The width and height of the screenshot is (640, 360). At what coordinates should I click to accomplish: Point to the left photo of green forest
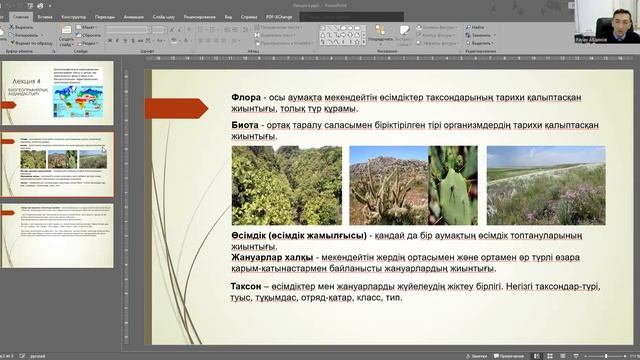[x=286, y=185]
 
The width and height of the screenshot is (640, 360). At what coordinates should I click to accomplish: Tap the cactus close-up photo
[x=452, y=185]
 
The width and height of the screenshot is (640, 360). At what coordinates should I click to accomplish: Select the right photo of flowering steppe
[x=545, y=185]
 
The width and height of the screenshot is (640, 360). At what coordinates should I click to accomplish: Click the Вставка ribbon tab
[x=46, y=17]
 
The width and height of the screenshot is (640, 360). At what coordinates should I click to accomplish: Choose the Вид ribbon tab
[x=229, y=17]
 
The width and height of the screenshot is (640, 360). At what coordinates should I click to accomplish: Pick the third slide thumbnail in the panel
[x=65, y=231]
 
